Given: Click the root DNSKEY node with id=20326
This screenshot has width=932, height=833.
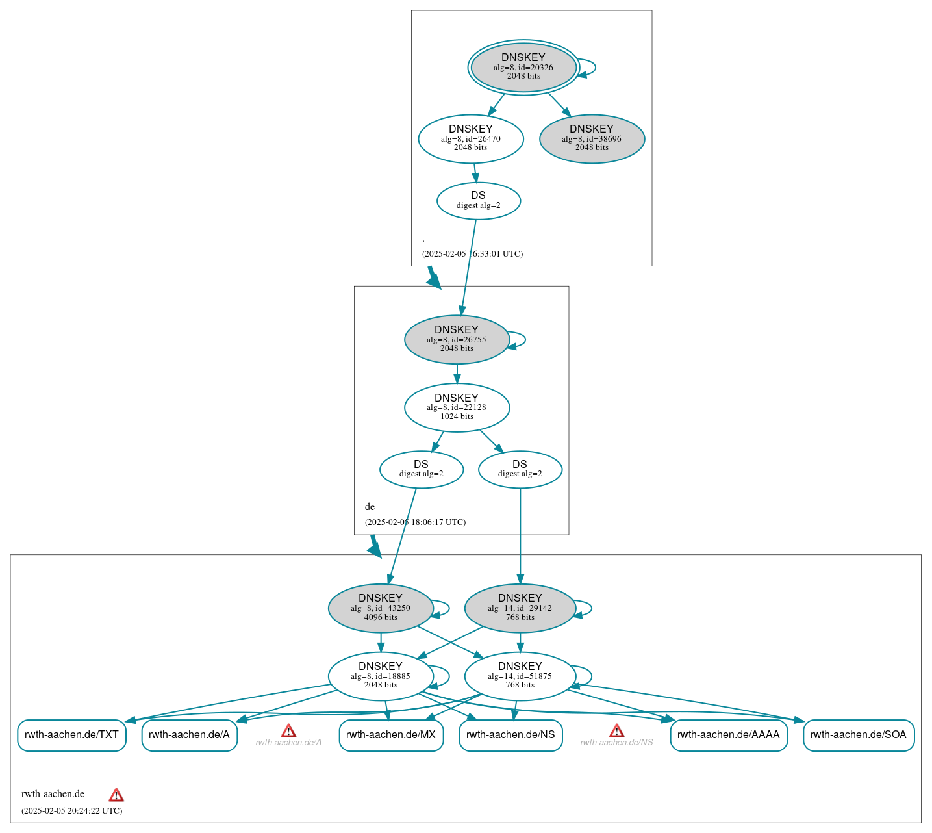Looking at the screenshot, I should pos(523,67).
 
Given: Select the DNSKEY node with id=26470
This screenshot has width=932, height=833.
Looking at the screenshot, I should pos(471,138).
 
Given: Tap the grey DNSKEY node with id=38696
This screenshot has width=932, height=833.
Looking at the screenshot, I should pos(592,138).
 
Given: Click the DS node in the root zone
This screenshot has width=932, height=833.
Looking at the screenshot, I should pos(478,201).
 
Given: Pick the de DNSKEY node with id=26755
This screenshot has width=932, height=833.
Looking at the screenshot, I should pos(457,339).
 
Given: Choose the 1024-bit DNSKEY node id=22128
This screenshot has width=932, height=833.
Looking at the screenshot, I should pos(457,407).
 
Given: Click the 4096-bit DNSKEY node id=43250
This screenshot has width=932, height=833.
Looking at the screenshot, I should pos(381,608).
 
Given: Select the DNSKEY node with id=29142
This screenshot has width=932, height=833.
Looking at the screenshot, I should pos(520,608).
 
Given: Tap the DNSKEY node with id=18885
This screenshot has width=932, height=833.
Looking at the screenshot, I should pos(381,676).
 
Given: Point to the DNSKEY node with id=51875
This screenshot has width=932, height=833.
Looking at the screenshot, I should pos(520,676).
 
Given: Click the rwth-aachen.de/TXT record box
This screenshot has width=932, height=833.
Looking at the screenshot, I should pos(71,735).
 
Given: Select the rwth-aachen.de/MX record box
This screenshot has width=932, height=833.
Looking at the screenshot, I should pos(391,735).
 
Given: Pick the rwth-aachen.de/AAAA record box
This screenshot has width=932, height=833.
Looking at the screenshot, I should pos(728,735).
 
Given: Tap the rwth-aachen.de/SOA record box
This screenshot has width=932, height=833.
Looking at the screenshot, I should pos(858,735).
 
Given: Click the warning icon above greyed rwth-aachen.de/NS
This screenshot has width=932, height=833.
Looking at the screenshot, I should pos(616,731).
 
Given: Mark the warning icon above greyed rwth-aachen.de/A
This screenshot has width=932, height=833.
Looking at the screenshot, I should pos(288,731).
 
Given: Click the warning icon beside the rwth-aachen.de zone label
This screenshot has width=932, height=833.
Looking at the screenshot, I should pos(116,795).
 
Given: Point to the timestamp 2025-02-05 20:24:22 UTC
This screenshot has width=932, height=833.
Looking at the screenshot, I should pos(71,810).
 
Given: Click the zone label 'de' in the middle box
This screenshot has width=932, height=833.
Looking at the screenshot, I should pos(370,507).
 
